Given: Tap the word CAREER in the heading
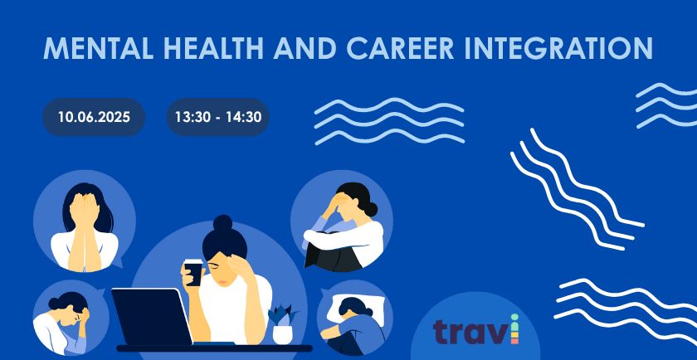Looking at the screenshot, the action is coord(400,48).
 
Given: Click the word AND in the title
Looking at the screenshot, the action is coord(305,48).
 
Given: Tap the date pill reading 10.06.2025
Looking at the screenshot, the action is coord(94,117).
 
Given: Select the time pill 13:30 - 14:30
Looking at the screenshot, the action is coord(217,117).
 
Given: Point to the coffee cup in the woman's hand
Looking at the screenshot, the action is coord(193,272).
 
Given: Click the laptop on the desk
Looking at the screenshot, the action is coord(152,316).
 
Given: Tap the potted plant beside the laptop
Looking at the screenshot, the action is coord(282,325).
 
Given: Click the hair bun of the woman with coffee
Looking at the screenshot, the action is coord(222,222).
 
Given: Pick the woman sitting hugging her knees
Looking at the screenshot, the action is coord(343,226).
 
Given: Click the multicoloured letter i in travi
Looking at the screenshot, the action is coord(514,328).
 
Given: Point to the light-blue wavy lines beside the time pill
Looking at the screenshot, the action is coord(389,121).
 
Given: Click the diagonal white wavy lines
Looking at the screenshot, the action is coord(577,189).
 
